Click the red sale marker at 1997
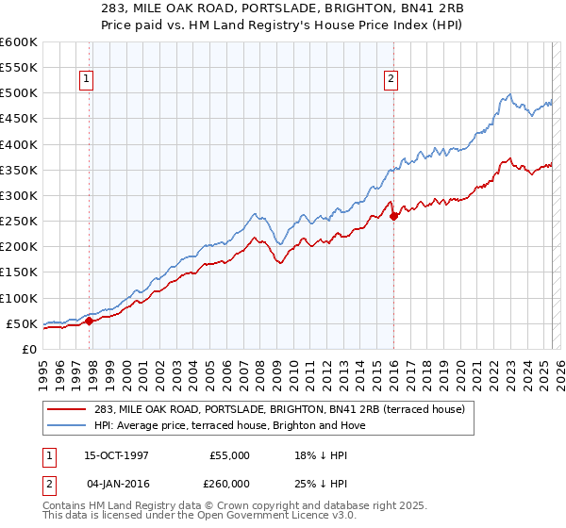pos(89,321)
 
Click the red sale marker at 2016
pos(393,216)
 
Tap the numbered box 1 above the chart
pos(86,80)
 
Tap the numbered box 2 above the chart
pos(390,80)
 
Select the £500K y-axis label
pos(19,93)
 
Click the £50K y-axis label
pos(23,323)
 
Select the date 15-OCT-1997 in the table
pos(113,455)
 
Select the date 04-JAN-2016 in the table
pos(113,481)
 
